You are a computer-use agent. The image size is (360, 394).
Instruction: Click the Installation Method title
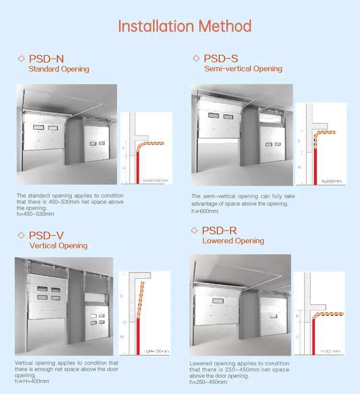(184, 25)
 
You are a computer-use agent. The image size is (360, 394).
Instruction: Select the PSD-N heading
(46, 59)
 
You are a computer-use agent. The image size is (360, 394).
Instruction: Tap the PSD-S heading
(221, 59)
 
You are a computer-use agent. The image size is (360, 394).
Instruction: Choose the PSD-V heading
(46, 235)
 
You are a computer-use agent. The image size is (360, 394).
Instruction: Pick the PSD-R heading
(219, 231)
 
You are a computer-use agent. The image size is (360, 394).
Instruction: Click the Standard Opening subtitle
(59, 69)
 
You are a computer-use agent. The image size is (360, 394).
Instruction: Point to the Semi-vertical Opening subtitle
(243, 69)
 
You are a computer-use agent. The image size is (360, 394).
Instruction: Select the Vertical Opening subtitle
(58, 246)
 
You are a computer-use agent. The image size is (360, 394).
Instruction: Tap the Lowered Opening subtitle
(233, 241)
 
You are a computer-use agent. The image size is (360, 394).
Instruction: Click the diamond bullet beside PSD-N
(21, 59)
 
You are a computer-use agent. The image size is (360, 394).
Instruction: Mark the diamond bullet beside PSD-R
(194, 231)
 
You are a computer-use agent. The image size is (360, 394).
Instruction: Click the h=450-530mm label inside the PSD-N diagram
(156, 181)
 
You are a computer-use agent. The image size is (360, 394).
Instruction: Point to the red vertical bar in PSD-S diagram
(316, 166)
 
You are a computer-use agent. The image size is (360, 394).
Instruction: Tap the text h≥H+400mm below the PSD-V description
(32, 382)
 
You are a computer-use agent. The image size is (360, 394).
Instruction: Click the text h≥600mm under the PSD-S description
(204, 211)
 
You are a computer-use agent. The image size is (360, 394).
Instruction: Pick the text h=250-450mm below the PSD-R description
(208, 382)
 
